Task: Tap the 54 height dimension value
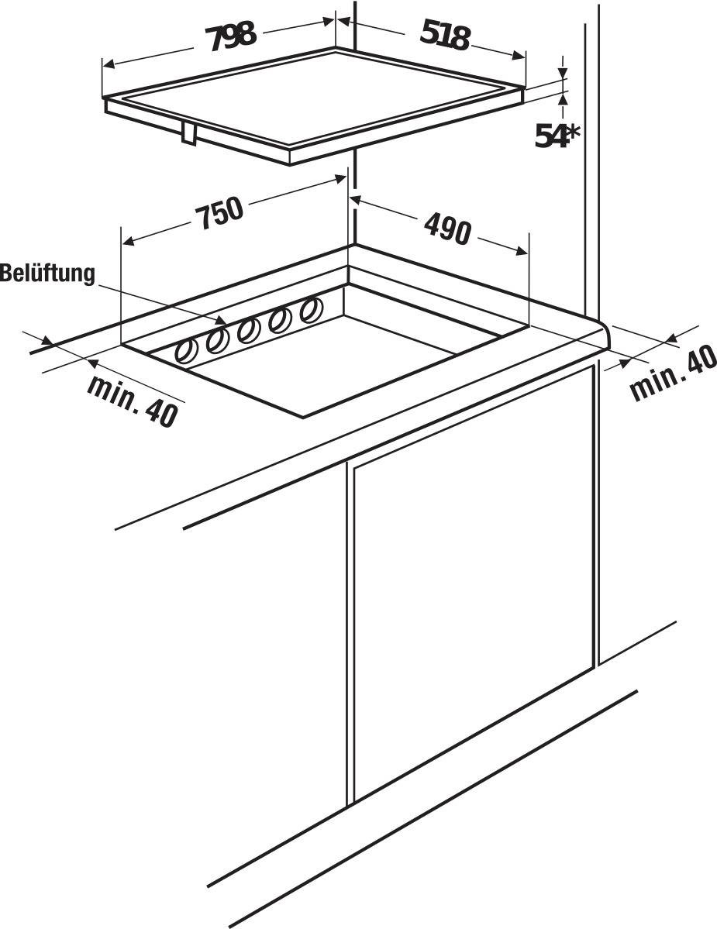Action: (548, 136)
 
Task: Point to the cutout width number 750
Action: (219, 212)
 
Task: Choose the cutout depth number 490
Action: (447, 227)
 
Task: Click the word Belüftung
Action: (47, 274)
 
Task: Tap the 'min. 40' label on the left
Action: (133, 399)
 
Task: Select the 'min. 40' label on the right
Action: (673, 375)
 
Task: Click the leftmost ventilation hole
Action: (188, 351)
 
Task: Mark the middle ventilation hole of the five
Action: (248, 331)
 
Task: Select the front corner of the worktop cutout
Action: (303, 417)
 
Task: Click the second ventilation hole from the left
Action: (217, 341)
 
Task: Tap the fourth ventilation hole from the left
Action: (279, 321)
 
